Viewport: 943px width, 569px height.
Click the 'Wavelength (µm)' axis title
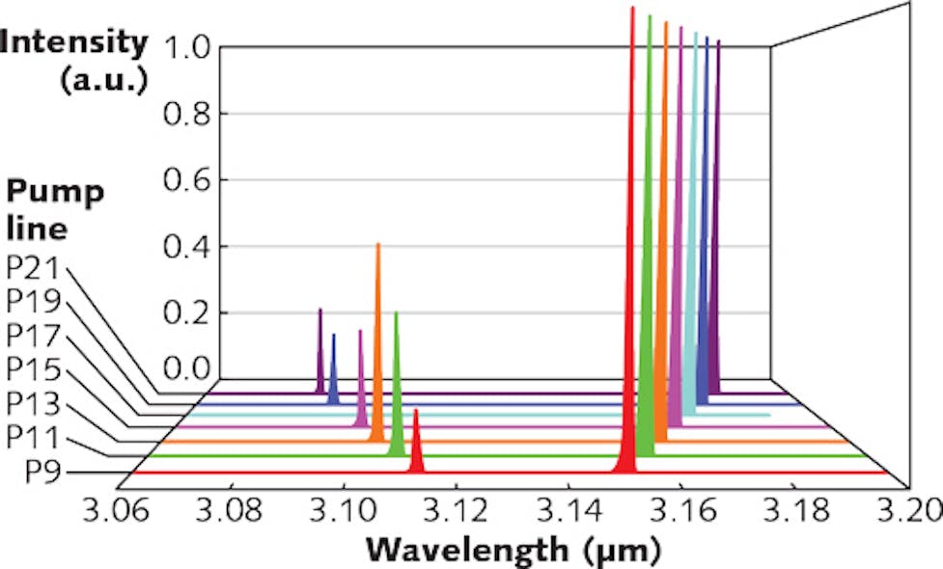(513, 551)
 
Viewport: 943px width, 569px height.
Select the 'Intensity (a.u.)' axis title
(74, 60)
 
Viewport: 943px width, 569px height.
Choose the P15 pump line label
(33, 370)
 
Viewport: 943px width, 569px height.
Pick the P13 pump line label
(33, 404)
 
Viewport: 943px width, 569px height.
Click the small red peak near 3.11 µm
(416, 448)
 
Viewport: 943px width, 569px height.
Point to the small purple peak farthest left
(319, 357)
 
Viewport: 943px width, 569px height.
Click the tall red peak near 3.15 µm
(631, 289)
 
